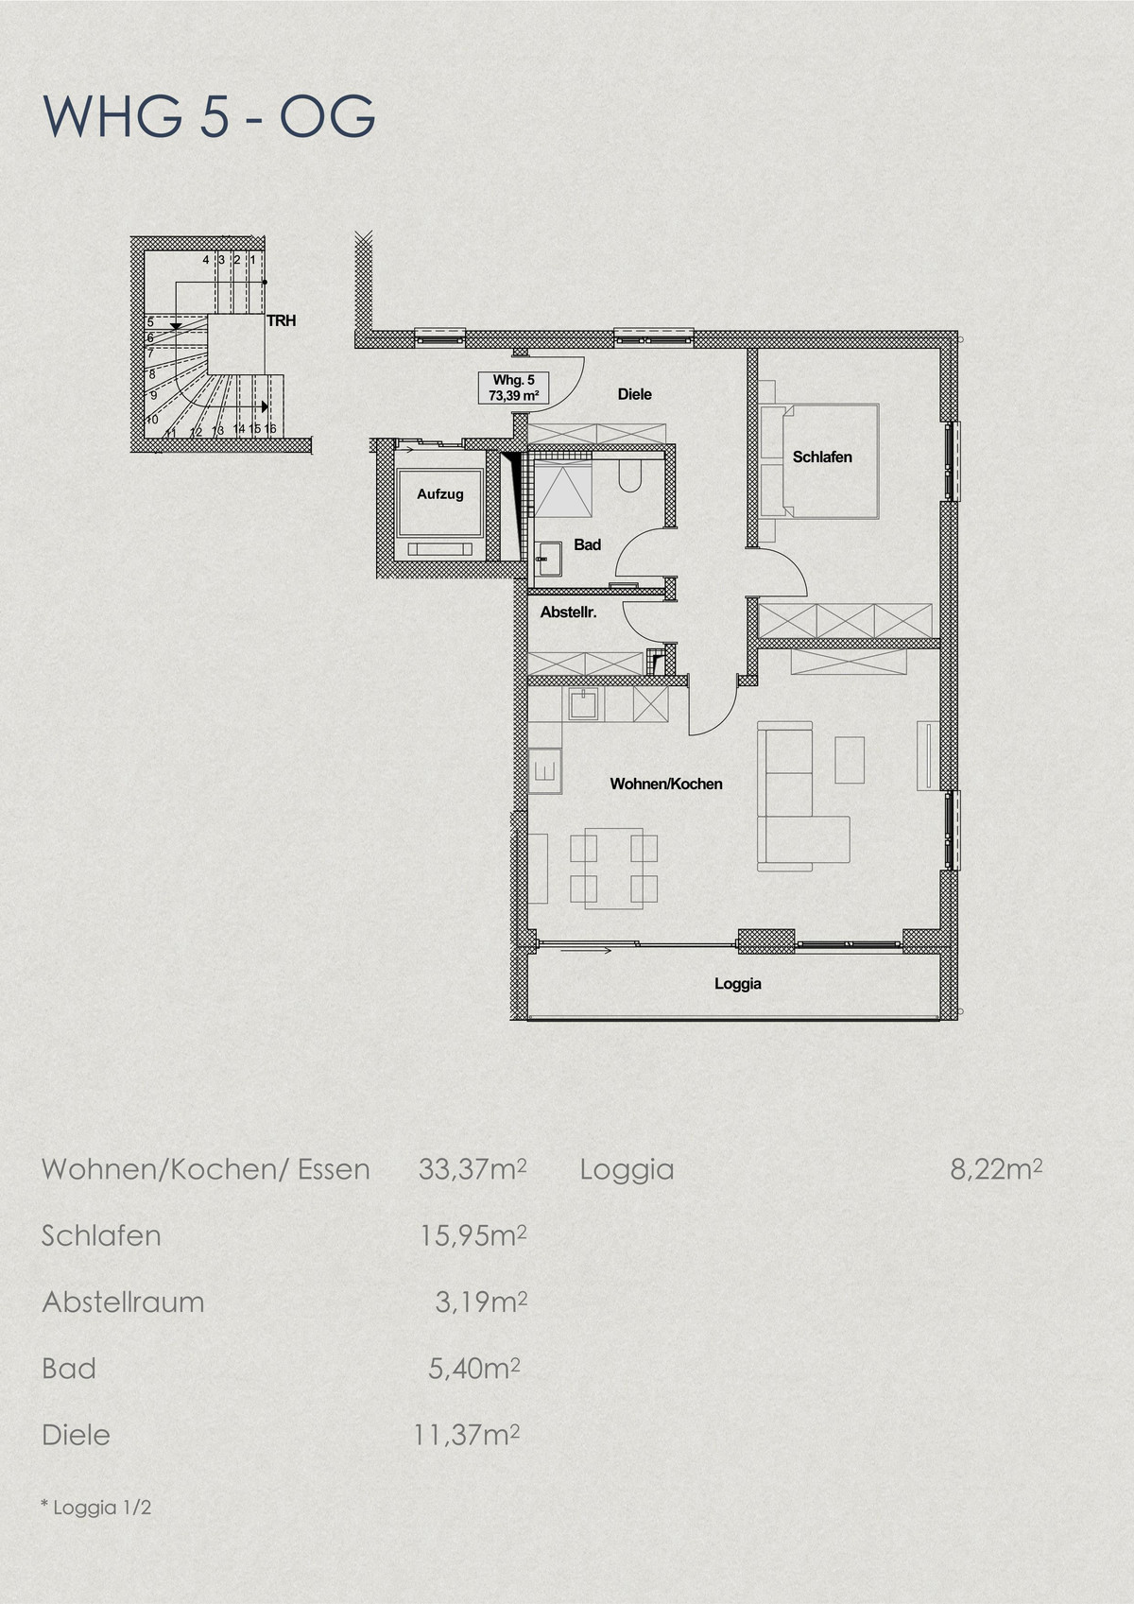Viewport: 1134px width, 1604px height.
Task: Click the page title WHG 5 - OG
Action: [x=209, y=115]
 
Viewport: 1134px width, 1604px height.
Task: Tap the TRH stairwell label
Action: [x=282, y=320]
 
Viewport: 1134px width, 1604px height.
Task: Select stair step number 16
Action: [x=270, y=428]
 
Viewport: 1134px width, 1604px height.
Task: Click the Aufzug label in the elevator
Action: [x=440, y=494]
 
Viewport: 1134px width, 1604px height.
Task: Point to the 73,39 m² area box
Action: [x=513, y=388]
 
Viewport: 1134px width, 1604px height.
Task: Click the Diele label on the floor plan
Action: [x=635, y=394]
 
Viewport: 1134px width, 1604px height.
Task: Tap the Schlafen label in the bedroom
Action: [x=822, y=457]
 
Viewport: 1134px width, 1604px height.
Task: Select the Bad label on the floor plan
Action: [x=587, y=545]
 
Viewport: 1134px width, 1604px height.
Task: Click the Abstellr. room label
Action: [x=569, y=612]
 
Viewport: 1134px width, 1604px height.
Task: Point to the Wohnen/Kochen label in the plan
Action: [x=666, y=785]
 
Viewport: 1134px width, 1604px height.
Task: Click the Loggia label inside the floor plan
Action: [x=738, y=984]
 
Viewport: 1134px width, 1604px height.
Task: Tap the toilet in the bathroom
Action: [x=630, y=474]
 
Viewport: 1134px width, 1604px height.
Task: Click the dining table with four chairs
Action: [x=613, y=868]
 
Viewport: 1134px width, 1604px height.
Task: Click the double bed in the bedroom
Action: [x=831, y=460]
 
